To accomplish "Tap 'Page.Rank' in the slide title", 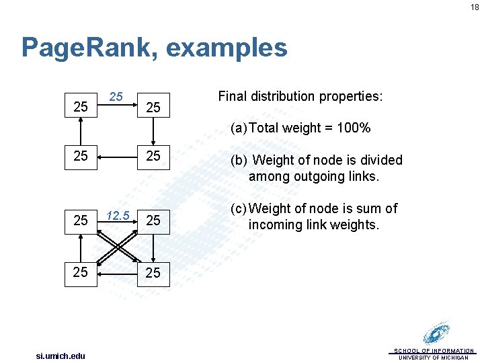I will click(x=87, y=48).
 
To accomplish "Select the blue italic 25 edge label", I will click(x=116, y=97).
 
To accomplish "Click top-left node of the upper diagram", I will click(x=81, y=107).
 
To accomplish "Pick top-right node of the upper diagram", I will click(x=153, y=107).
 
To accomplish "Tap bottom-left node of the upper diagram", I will click(x=81, y=156).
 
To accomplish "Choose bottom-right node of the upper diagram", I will click(x=153, y=156).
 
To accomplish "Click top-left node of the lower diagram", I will click(x=81, y=220).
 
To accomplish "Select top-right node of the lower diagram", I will click(x=153, y=220).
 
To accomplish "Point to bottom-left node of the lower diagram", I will click(x=81, y=272).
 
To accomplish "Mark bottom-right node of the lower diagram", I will click(x=153, y=272).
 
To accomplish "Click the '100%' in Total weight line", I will click(x=354, y=128).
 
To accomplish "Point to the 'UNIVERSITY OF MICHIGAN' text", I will click(x=434, y=358).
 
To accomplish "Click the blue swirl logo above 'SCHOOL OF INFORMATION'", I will click(x=437, y=333).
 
